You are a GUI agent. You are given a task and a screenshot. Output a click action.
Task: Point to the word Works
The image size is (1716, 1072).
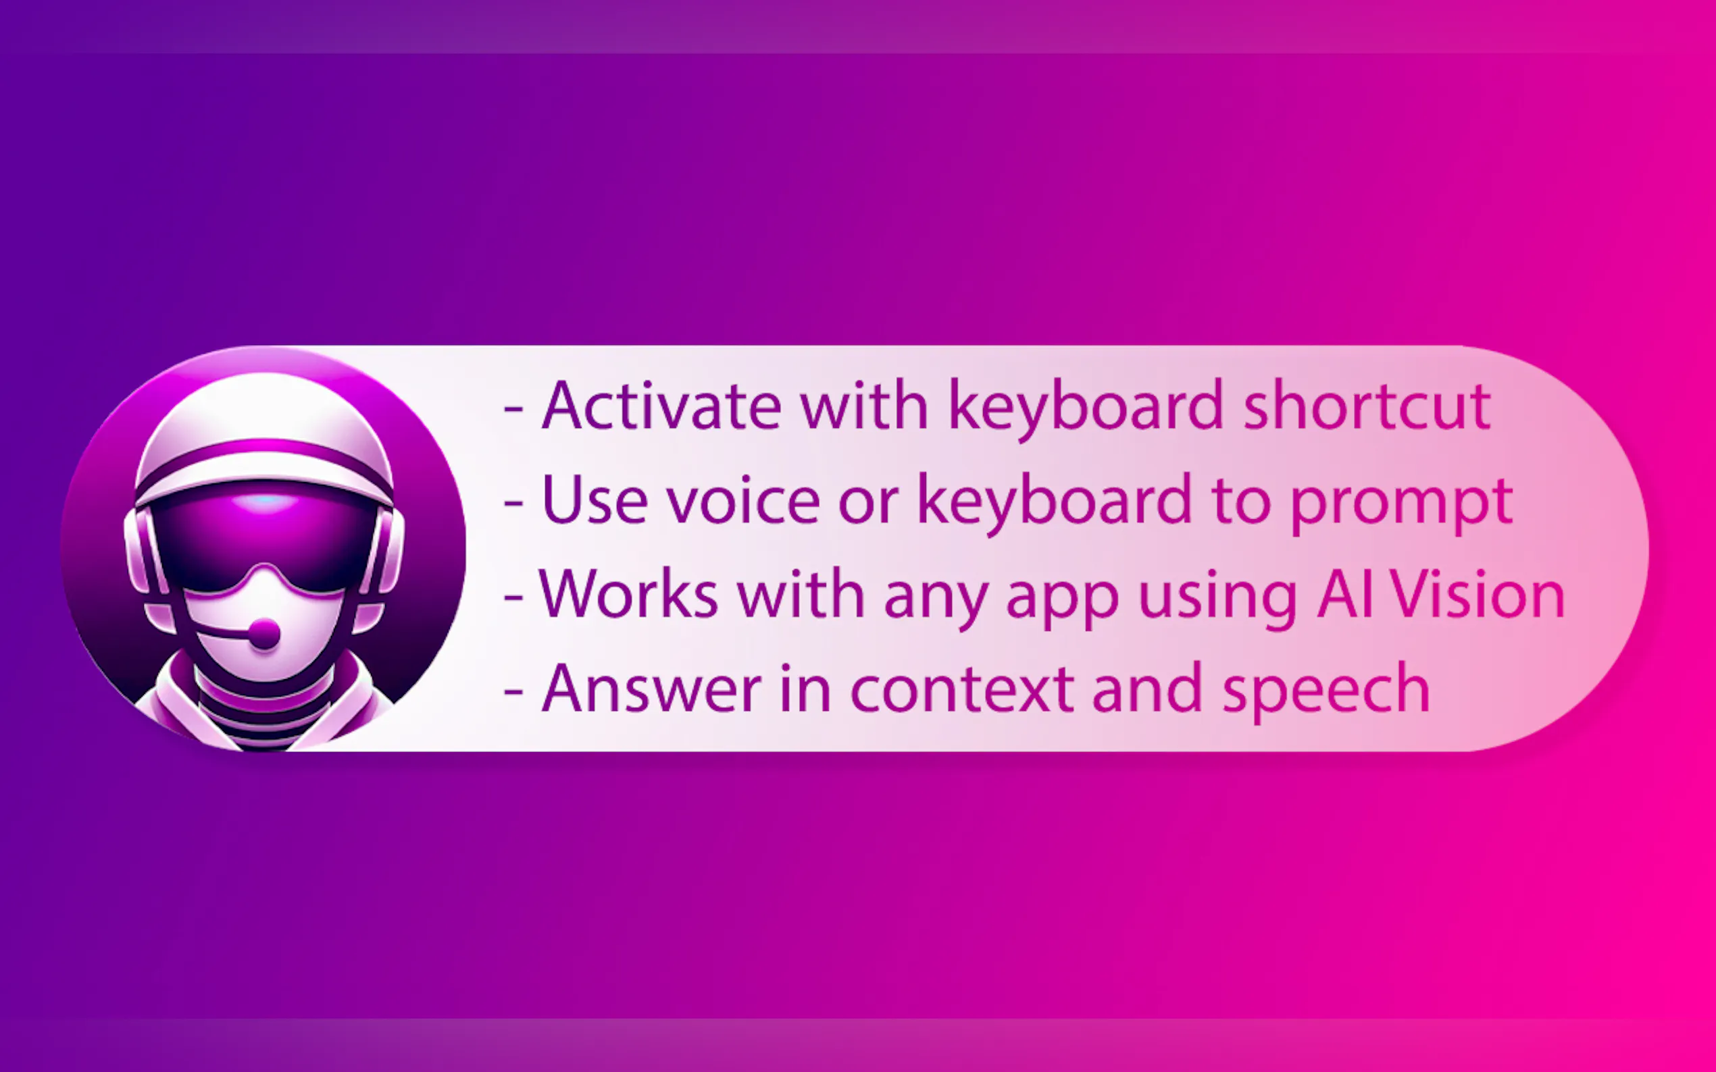[628, 594]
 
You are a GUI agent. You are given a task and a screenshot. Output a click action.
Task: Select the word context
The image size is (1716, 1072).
[962, 689]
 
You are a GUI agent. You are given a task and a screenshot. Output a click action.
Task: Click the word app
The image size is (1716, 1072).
[1062, 601]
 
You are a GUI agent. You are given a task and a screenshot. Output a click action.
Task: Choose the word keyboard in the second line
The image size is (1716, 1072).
[1055, 503]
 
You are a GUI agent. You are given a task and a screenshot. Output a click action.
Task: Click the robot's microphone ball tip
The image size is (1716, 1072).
[263, 633]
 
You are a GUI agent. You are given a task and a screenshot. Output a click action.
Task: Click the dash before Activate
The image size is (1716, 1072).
[513, 409]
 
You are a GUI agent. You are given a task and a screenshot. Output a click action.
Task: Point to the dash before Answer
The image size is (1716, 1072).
[513, 691]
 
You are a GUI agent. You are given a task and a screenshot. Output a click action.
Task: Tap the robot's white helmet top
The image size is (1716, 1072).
[264, 411]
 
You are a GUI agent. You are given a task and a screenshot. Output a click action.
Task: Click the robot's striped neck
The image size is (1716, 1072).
[264, 716]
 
